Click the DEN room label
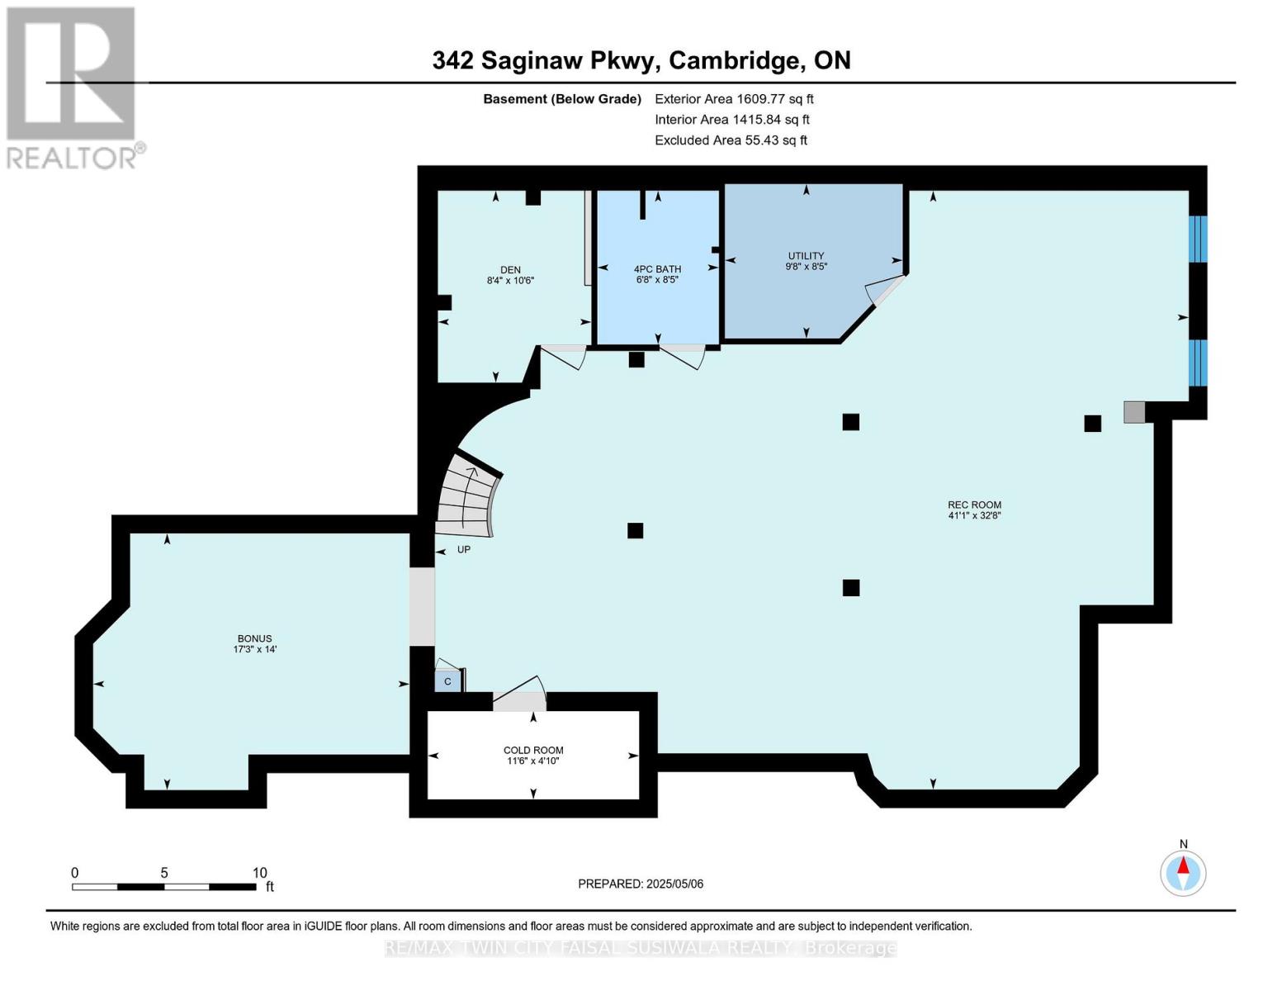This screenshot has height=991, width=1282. pos(510,270)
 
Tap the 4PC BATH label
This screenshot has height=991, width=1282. pos(657,268)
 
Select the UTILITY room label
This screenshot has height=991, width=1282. pos(806,255)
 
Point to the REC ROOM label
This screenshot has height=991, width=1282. pos(974,505)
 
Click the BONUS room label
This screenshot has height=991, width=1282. pos(255,638)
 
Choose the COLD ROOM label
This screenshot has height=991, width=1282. pos(533,750)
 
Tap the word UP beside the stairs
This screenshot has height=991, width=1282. pos(464,549)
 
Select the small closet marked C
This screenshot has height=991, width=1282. pos(447,681)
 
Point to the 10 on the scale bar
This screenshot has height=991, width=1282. pos(259,873)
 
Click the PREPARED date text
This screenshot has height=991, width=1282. pos(641,884)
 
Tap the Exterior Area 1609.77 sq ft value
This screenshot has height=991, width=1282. pos(734,99)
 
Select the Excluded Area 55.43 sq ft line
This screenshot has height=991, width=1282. pos(731,140)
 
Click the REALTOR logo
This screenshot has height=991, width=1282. pos(74,88)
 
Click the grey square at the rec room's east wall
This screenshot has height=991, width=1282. pos(1134,412)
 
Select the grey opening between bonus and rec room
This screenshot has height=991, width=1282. pos(422,607)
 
